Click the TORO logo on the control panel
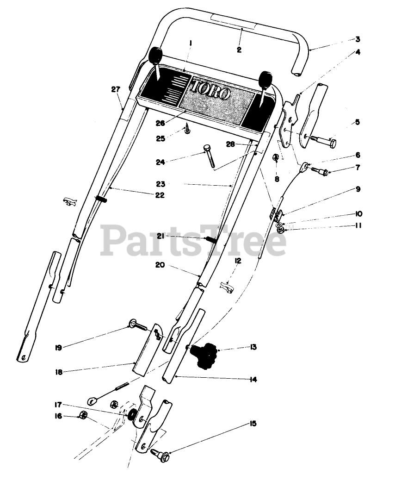(211, 88)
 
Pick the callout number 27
(116, 89)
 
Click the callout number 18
(58, 371)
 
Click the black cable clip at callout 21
(210, 240)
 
